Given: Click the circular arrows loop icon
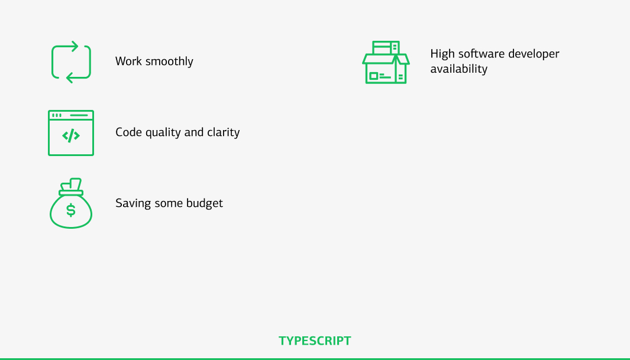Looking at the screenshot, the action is click(x=52, y=62).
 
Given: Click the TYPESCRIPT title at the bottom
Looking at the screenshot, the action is click(x=315, y=340).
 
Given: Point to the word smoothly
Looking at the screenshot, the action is click(x=169, y=61).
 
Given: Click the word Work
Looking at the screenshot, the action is click(x=128, y=61).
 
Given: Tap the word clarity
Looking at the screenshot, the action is click(x=224, y=132).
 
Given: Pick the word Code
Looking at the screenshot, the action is click(x=128, y=132).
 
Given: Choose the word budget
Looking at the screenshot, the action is click(x=205, y=203).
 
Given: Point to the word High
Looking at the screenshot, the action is click(x=442, y=54).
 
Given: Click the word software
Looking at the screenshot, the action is click(x=482, y=54).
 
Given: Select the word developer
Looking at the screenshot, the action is click(x=534, y=54).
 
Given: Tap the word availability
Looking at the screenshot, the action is click(x=459, y=69).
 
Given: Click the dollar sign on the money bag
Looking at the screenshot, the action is click(x=71, y=210).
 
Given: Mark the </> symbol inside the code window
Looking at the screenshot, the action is click(x=71, y=135).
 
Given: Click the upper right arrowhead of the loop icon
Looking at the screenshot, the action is click(x=75, y=47).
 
